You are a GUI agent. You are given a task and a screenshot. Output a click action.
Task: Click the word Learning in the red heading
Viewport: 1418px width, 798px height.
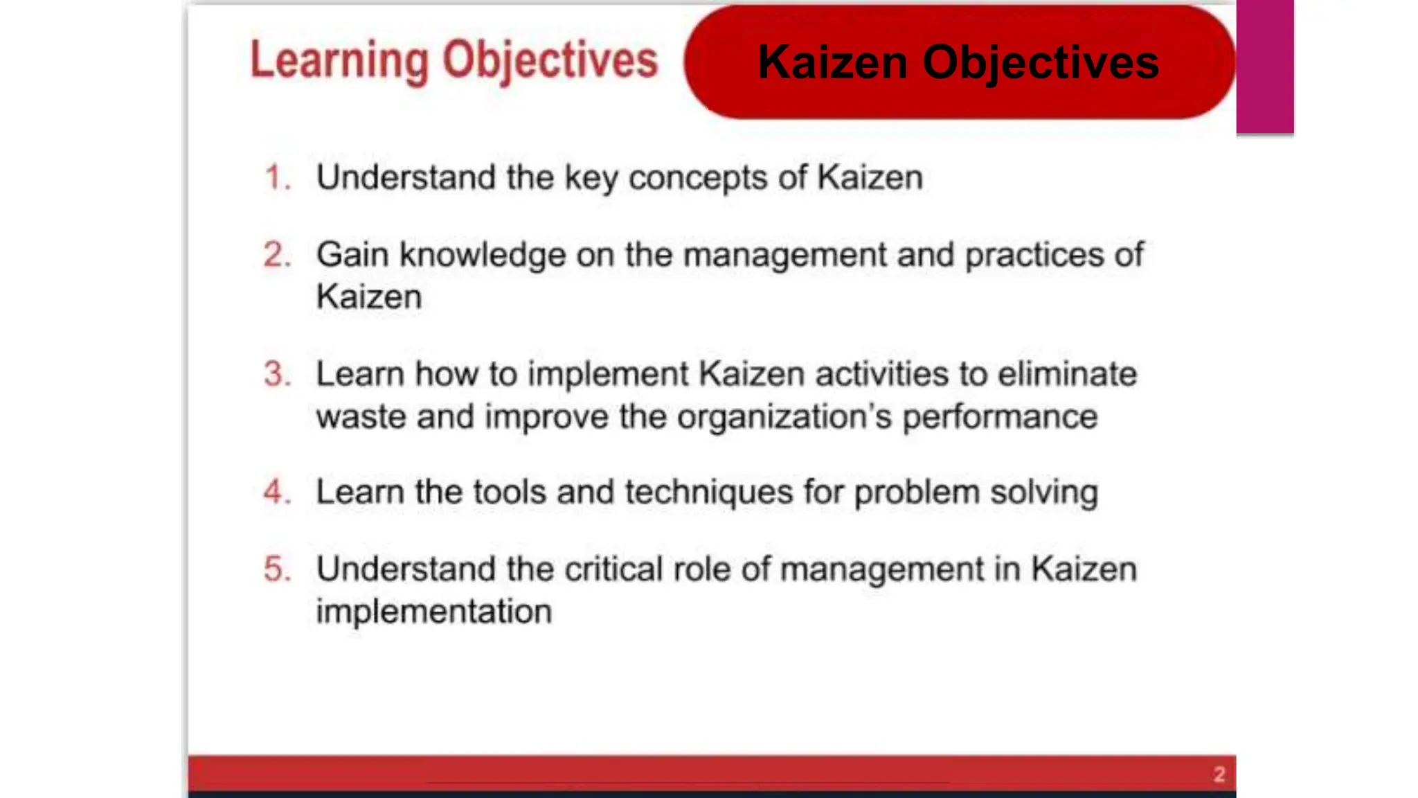click(x=339, y=61)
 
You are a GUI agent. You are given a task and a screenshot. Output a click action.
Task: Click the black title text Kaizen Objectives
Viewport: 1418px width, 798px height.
click(x=958, y=62)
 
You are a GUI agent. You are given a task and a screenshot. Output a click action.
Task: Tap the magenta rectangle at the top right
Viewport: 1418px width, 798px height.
click(x=1265, y=66)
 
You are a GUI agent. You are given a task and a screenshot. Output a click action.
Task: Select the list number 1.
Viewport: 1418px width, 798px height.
click(x=276, y=177)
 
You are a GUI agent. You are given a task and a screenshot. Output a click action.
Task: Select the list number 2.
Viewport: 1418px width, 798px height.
click(x=276, y=255)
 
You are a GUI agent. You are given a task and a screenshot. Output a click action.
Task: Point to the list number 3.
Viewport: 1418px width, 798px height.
click(x=276, y=374)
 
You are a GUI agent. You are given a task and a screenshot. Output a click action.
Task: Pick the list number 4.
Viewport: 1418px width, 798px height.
click(x=276, y=492)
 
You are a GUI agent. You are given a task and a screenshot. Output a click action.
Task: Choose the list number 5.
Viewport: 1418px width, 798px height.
click(x=276, y=569)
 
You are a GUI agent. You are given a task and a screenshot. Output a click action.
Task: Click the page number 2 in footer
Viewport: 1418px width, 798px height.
click(x=1219, y=774)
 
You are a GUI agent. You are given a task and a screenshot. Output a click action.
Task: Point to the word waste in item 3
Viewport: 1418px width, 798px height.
click(x=361, y=417)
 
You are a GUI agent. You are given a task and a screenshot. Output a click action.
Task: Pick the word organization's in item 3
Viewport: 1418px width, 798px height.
click(x=784, y=417)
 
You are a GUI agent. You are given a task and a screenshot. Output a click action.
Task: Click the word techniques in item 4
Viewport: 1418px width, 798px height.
click(x=708, y=493)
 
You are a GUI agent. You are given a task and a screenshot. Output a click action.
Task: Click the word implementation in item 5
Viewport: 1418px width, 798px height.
click(x=433, y=612)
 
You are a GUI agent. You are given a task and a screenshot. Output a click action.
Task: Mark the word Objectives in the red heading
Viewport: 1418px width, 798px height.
click(x=550, y=61)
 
